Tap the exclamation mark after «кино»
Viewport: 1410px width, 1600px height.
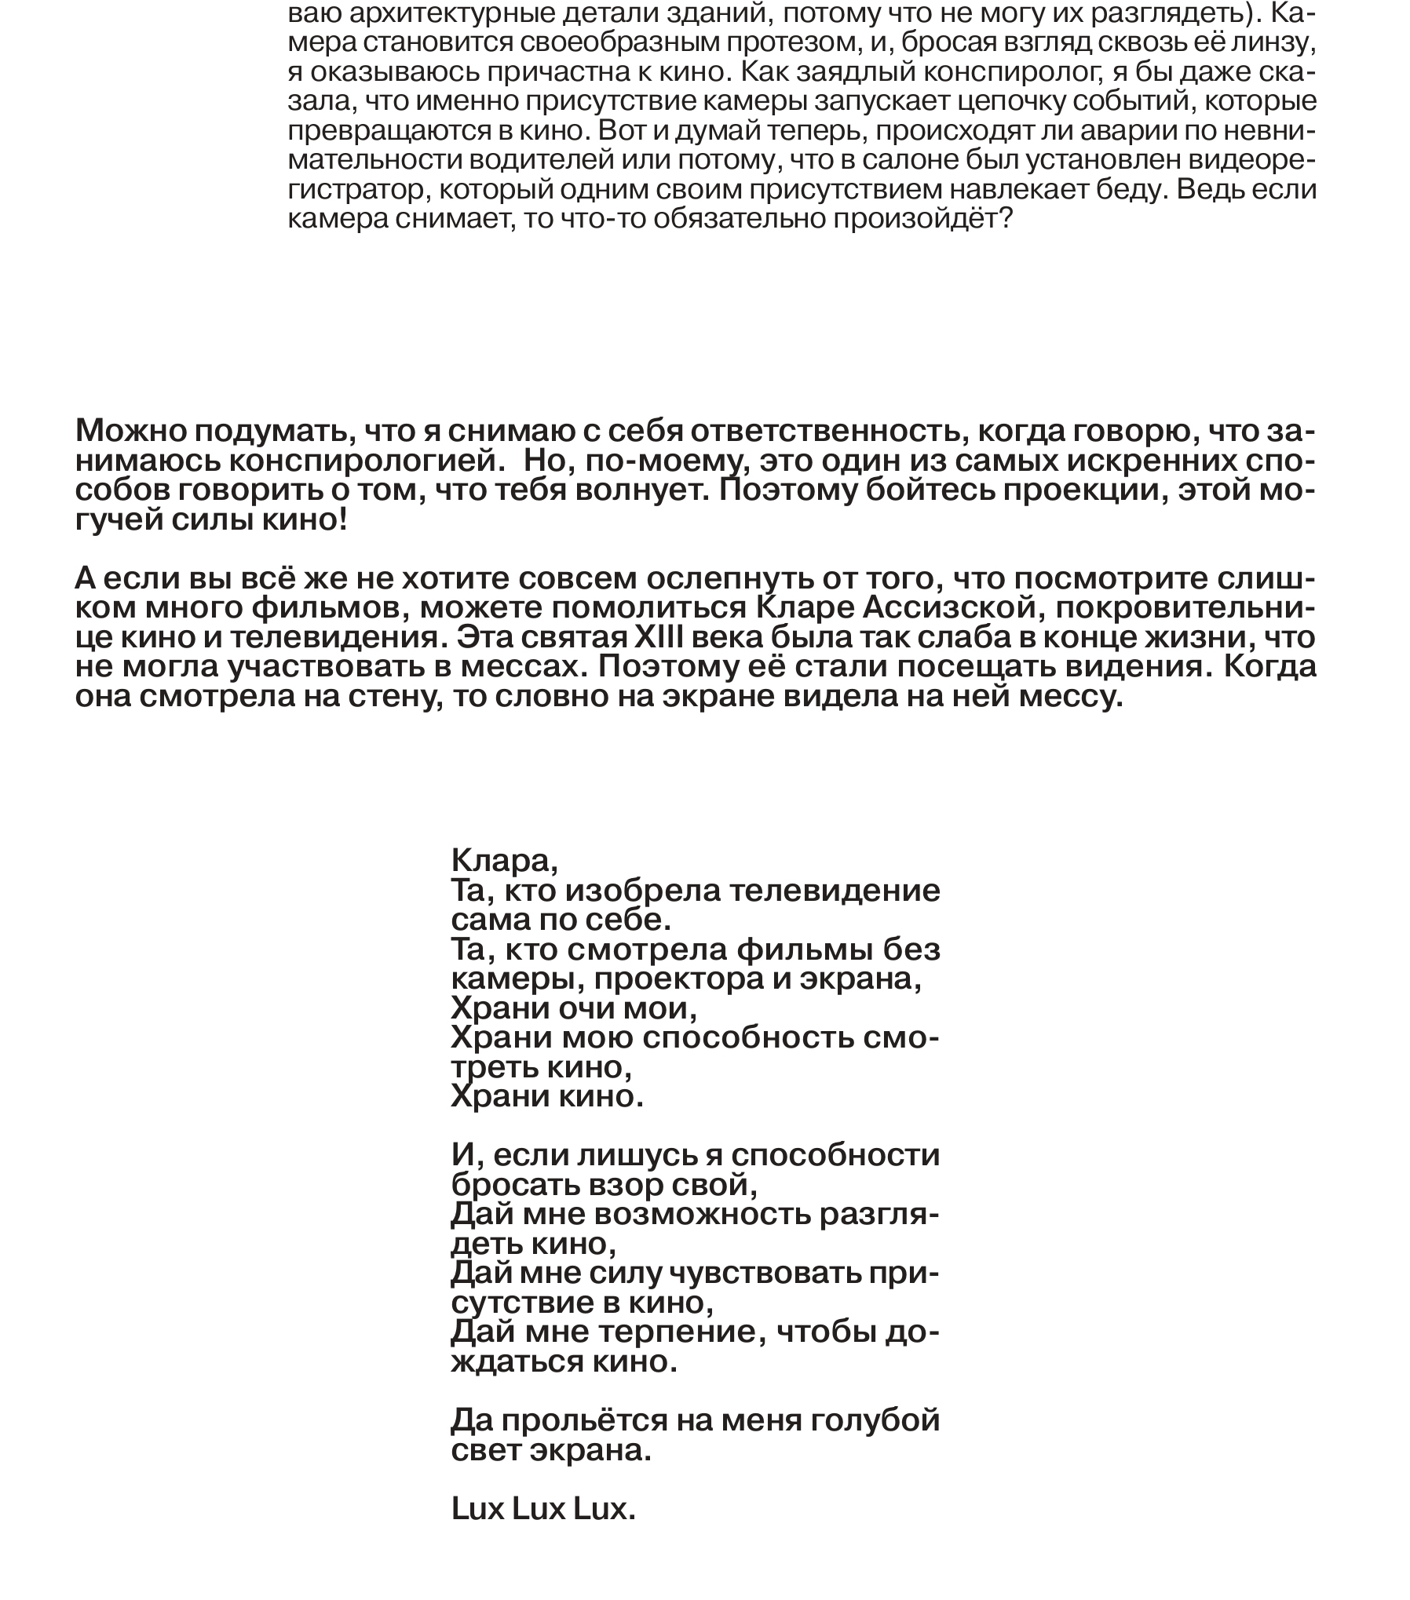point(342,519)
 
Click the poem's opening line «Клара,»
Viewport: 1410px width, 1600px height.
point(504,862)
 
